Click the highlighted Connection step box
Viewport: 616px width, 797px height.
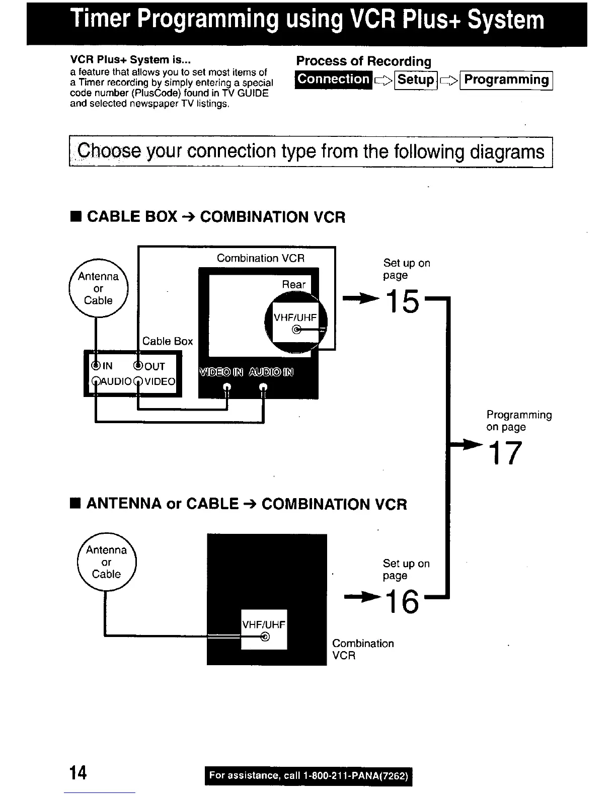[x=334, y=79]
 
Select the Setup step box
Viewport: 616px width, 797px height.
[x=416, y=80]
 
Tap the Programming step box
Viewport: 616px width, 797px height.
[x=506, y=80]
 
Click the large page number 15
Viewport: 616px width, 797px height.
[x=402, y=301]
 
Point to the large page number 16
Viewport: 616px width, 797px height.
[x=402, y=601]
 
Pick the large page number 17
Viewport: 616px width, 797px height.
[x=505, y=453]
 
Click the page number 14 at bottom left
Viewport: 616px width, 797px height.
[x=78, y=772]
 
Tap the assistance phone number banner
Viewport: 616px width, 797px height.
[x=308, y=776]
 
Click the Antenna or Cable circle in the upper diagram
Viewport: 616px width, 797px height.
[x=98, y=288]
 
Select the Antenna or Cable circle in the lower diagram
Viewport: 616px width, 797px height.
[x=106, y=562]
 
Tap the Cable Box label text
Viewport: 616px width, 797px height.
[x=167, y=341]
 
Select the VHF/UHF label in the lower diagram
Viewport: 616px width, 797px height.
[x=264, y=625]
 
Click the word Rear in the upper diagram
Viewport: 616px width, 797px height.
[x=293, y=284]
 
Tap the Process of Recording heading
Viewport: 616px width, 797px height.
[x=363, y=61]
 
